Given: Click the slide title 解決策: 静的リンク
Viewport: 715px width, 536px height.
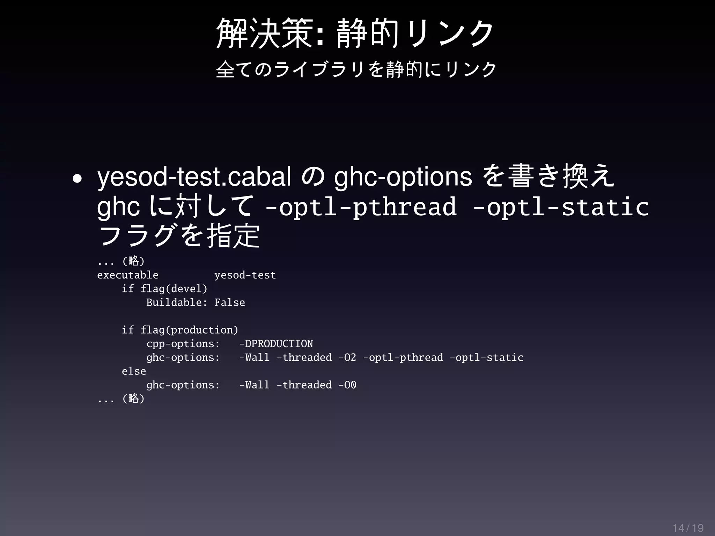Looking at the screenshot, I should [355, 33].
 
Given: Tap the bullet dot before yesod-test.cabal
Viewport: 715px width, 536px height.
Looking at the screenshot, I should [77, 179].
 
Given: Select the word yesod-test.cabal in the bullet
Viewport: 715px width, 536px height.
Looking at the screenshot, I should [194, 177].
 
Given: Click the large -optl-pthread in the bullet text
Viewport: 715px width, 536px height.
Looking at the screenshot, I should [361, 207].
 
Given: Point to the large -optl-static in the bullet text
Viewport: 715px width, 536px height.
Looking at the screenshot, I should [561, 207].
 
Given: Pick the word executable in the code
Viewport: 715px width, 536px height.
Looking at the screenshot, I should [128, 275].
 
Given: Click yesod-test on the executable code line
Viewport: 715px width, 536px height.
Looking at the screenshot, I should [245, 275].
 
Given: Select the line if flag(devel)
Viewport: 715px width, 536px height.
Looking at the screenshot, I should [164, 289].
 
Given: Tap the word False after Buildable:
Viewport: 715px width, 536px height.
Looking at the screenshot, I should [229, 303].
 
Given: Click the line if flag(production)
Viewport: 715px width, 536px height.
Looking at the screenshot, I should [179, 330].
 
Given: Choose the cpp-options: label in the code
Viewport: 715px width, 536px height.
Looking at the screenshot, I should [183, 344].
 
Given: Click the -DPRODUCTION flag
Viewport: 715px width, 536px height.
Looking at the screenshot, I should [276, 344].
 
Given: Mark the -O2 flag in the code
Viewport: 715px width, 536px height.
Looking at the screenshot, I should [347, 357].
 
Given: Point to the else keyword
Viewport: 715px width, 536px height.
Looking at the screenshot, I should [134, 371].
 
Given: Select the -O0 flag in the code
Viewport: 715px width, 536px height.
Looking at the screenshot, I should [347, 385].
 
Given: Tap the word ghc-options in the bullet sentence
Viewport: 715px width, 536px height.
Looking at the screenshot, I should [403, 177].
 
